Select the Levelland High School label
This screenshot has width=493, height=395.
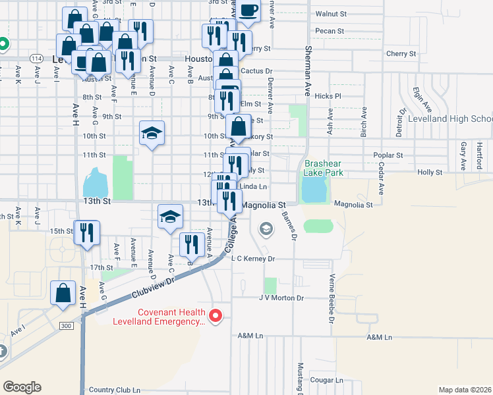450,118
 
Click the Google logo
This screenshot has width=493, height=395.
22,387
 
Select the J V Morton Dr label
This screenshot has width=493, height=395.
281,298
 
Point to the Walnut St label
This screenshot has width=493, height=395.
330,13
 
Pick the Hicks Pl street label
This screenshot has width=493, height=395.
328,96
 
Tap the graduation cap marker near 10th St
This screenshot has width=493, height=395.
152,134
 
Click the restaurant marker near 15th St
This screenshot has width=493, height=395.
86,233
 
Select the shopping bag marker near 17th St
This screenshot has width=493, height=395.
63,293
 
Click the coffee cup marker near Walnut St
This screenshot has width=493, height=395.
248,11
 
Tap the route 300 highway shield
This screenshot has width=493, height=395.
65,326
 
